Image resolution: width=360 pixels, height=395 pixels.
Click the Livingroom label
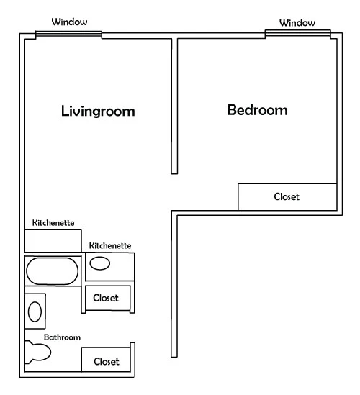(98, 112)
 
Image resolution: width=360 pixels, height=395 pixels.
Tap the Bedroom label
(257, 110)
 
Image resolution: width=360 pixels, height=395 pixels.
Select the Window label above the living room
(70, 22)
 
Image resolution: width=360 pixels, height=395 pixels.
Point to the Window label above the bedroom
(297, 23)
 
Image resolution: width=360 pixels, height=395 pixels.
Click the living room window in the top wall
(68, 35)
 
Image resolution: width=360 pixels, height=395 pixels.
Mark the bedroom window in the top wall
(298, 34)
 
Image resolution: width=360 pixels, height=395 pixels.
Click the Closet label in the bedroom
(287, 196)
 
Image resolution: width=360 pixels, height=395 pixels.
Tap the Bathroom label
(62, 337)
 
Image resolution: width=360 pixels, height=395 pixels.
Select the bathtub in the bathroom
(53, 271)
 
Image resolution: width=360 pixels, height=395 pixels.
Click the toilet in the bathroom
(38, 352)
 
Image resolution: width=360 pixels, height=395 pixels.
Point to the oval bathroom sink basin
(35, 312)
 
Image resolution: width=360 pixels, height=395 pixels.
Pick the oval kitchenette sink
(100, 263)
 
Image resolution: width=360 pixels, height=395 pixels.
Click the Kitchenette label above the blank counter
(53, 223)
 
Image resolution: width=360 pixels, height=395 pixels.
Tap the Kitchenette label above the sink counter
(110, 245)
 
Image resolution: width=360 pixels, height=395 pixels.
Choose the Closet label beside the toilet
(107, 362)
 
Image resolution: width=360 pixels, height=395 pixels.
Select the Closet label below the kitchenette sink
(106, 298)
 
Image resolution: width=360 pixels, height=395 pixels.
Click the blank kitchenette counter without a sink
(53, 240)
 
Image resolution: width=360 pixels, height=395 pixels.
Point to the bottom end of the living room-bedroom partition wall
(174, 174)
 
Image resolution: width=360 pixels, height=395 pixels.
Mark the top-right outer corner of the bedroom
(342, 33)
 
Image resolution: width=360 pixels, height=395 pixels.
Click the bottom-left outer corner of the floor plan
(19, 377)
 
